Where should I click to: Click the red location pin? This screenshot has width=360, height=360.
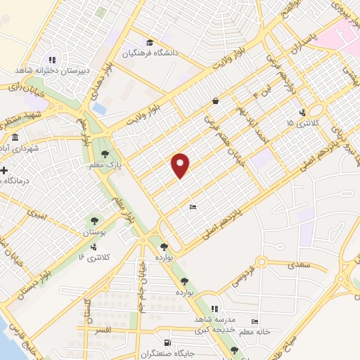(181, 165)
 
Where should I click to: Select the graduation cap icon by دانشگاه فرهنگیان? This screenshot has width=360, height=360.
(148, 41)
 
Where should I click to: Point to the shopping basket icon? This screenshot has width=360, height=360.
(214, 101)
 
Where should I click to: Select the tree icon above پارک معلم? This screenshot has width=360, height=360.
(105, 154)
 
